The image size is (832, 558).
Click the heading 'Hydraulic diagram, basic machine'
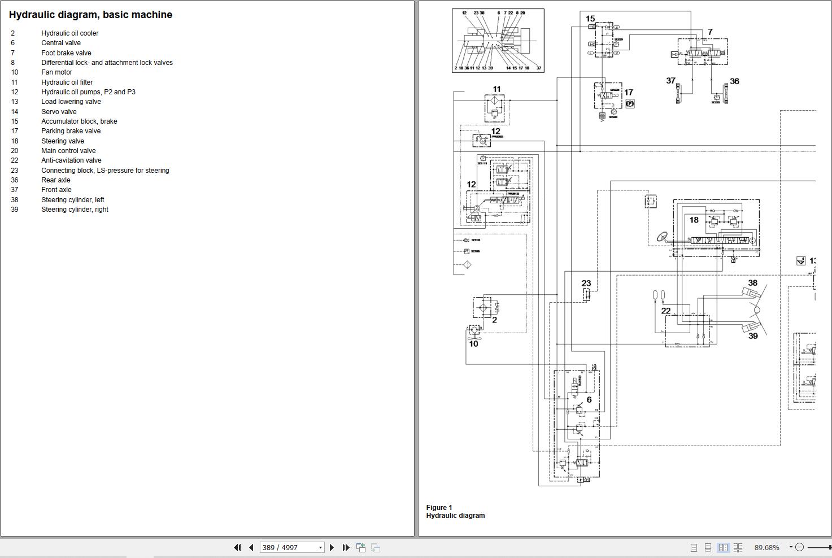(x=90, y=15)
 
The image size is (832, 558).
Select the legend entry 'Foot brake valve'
(x=66, y=53)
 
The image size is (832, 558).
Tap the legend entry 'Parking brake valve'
(x=71, y=131)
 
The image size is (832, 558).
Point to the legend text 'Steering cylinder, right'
(x=75, y=210)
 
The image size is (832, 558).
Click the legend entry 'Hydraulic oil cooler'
(x=69, y=33)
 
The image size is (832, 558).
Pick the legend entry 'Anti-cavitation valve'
(x=71, y=160)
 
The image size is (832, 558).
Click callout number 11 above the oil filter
(x=496, y=89)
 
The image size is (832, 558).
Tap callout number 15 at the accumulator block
(x=590, y=19)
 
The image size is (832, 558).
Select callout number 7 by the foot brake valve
(x=710, y=32)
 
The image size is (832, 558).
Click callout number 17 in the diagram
(x=629, y=93)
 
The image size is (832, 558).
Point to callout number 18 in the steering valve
(x=694, y=220)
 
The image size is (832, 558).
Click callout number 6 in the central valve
(x=589, y=400)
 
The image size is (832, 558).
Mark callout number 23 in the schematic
(x=586, y=284)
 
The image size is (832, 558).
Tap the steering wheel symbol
(x=661, y=236)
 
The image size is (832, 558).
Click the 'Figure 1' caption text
(x=439, y=507)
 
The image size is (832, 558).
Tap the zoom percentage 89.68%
(x=766, y=547)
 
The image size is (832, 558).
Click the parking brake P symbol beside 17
(x=630, y=104)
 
